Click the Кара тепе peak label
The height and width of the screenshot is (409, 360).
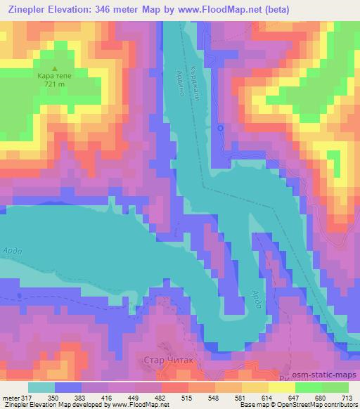(54, 75)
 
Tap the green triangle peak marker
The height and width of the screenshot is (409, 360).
(54, 67)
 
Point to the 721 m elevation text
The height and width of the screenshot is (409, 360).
(54, 84)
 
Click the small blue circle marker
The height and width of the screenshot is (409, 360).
(221, 128)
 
